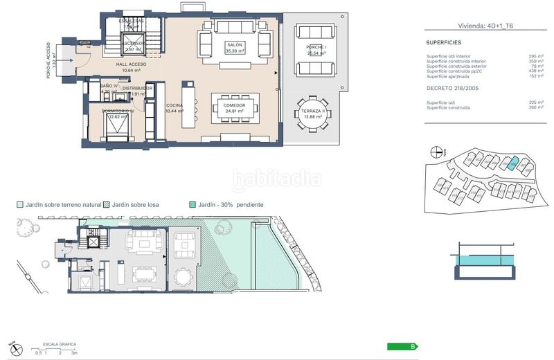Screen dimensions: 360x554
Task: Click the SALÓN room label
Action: coord(233,44)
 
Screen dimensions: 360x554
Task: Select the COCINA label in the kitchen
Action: coord(174,105)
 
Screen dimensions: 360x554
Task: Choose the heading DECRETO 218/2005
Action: coord(452,89)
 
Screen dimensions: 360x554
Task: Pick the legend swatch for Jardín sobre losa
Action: coord(106,205)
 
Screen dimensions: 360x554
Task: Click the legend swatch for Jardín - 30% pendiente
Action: coord(192,205)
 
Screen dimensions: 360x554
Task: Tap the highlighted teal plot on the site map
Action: coord(510,163)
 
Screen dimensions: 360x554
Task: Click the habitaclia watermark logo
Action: coord(277,179)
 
